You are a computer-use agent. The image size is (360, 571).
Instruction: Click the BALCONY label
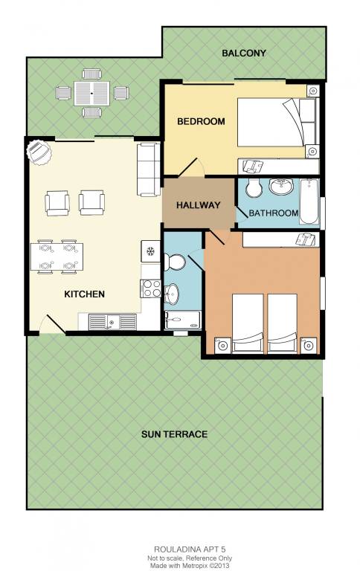tap(244, 54)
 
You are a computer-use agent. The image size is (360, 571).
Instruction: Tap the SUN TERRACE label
tap(175, 434)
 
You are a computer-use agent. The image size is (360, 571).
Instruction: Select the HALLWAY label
tap(198, 205)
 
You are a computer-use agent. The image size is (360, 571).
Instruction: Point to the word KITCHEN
tap(85, 294)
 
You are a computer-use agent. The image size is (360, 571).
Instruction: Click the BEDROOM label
tap(201, 122)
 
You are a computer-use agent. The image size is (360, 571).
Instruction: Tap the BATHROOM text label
tap(273, 213)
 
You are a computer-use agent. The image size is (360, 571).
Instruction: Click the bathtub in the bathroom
tap(309, 201)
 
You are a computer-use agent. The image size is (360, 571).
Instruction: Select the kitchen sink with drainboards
tap(112, 322)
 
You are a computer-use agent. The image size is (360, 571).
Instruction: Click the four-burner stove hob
tap(151, 288)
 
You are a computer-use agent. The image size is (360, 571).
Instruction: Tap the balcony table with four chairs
tap(91, 93)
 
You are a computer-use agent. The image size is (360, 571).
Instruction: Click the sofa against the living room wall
tap(148, 170)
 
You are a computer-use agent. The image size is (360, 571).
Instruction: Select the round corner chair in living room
tap(39, 152)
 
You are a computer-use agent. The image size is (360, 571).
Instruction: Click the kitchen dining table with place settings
tap(57, 257)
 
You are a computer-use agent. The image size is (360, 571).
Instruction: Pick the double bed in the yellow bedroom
tap(277, 122)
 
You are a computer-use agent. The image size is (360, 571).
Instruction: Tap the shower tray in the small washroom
tap(182, 320)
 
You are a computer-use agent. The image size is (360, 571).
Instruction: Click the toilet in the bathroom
tap(253, 188)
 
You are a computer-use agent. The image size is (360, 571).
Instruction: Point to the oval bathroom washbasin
tap(281, 187)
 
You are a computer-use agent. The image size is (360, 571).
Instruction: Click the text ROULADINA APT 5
tap(187, 549)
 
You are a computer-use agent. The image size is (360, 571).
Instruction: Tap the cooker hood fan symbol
tap(150, 251)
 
